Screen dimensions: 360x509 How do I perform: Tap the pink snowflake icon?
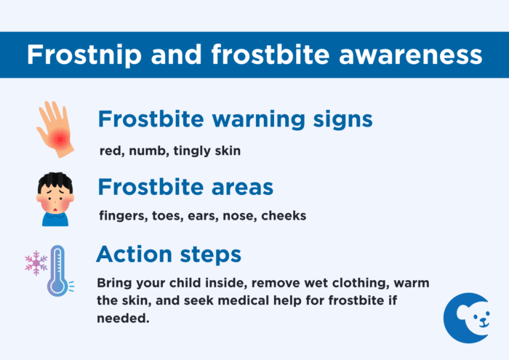click(x=35, y=263)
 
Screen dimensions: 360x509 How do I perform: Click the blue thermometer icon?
click(x=57, y=271)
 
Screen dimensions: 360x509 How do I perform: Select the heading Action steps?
click(x=169, y=255)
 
